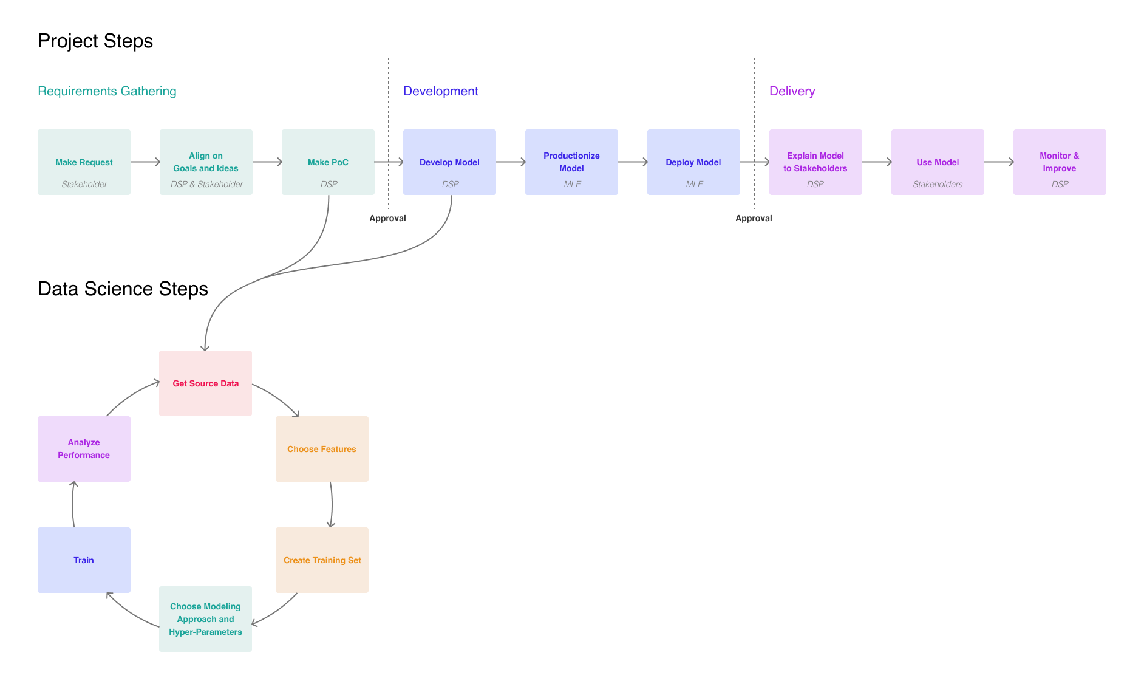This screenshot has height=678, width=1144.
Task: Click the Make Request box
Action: tap(84, 162)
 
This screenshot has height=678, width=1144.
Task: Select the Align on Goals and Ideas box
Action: tap(206, 162)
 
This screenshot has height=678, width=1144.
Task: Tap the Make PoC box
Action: tap(328, 162)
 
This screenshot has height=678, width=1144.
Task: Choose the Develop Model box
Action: tap(449, 162)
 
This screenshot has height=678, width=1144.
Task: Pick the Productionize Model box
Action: tap(571, 162)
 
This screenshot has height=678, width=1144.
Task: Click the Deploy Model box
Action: tap(693, 162)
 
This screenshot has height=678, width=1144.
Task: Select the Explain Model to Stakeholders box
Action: tap(815, 162)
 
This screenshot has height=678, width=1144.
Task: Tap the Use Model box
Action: tap(938, 162)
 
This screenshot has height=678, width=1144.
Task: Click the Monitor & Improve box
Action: tap(1060, 162)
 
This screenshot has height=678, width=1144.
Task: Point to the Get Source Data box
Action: tap(205, 383)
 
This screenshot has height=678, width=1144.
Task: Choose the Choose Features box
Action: tap(322, 449)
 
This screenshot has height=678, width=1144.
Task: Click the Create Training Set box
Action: tap(322, 560)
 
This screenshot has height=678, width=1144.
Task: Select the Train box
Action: tap(84, 560)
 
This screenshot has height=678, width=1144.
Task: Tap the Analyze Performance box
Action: tap(84, 449)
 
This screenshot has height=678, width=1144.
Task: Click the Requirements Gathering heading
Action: tap(107, 91)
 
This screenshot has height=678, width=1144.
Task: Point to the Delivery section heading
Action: tap(792, 91)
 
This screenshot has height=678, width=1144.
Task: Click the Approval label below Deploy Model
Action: tap(754, 218)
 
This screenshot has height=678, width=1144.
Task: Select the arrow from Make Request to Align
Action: tap(145, 162)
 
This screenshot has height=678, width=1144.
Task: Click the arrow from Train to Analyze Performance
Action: tap(72, 504)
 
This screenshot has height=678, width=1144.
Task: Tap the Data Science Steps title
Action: tap(123, 289)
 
